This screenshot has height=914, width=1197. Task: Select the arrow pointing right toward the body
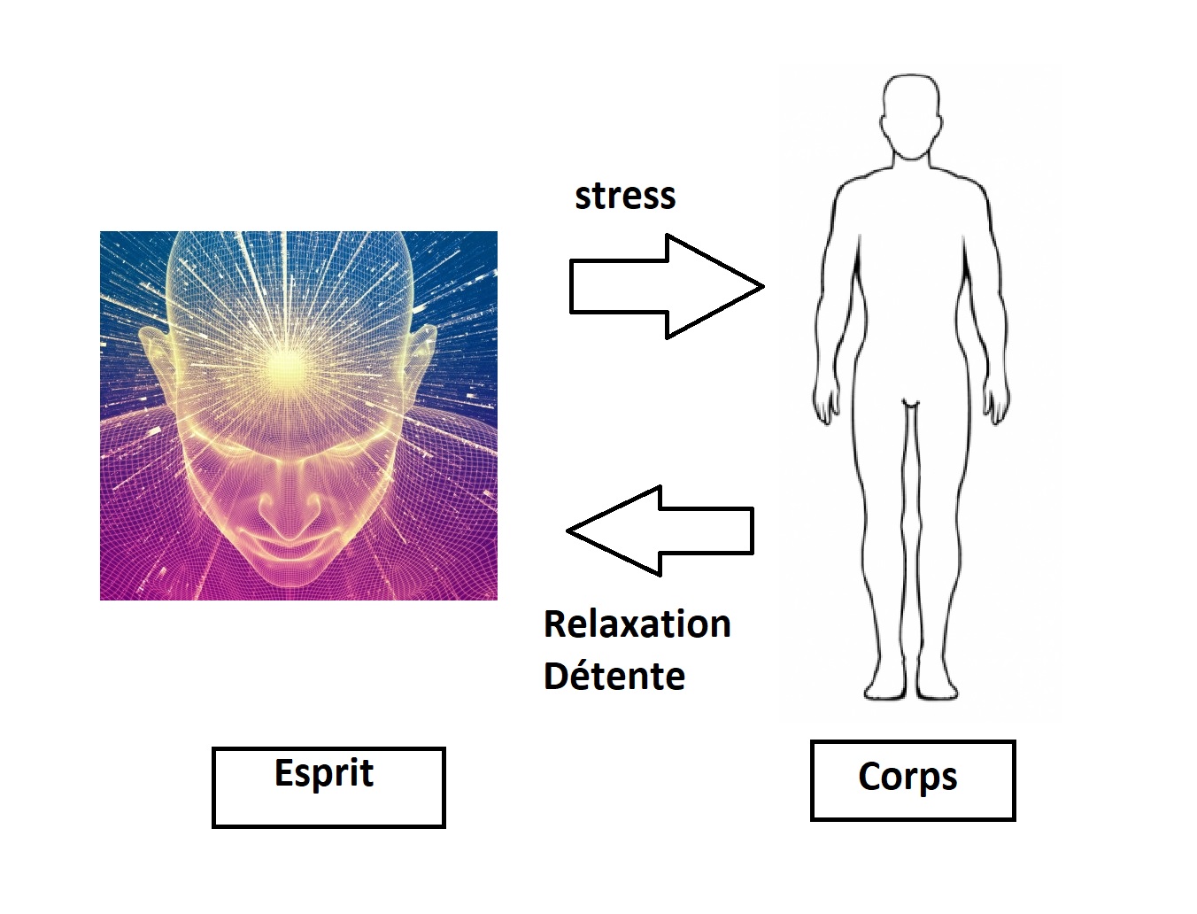point(667,286)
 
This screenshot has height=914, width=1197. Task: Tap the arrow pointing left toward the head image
point(660,531)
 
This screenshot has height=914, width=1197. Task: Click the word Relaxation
point(637,624)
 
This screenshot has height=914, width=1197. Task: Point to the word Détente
point(614,677)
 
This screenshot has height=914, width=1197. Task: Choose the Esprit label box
point(328,787)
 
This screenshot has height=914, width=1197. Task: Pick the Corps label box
point(913,780)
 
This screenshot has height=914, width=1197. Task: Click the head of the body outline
point(911,116)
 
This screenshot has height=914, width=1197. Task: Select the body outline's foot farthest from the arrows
point(937,687)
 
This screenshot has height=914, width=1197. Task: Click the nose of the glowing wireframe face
point(288,507)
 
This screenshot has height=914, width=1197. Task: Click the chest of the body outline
point(911,218)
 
